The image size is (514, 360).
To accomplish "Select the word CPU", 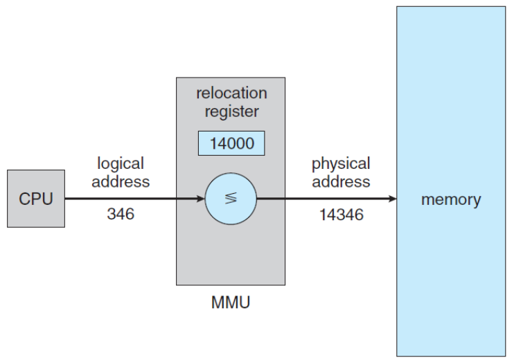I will (x=36, y=199).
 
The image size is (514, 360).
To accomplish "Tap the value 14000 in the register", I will (x=231, y=144).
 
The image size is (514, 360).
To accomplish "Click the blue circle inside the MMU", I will (x=231, y=199).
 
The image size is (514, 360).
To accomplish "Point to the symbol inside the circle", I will (x=231, y=199).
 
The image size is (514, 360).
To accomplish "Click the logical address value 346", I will (x=121, y=215).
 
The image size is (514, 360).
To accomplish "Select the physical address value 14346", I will (x=341, y=215).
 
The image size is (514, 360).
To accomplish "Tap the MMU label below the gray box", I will (x=230, y=303).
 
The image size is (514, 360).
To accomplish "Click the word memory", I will (x=451, y=200).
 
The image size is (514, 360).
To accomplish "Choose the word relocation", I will (x=231, y=93).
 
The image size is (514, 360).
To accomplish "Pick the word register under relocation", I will (x=231, y=111).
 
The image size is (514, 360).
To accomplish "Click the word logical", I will (x=121, y=164).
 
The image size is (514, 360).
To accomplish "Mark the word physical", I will (x=341, y=164).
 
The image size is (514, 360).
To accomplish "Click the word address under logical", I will (x=121, y=181).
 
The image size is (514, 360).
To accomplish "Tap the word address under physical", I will (x=341, y=181).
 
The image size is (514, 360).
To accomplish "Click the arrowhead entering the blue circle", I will (x=200, y=199).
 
